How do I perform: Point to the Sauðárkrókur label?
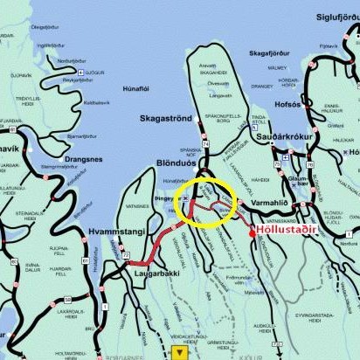click(x=294, y=138)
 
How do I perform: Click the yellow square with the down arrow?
click(x=180, y=352)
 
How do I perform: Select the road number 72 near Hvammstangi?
click(x=127, y=255)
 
